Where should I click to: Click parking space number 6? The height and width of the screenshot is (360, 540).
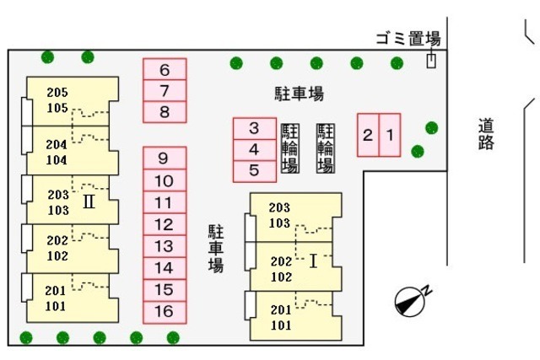click(x=165, y=70)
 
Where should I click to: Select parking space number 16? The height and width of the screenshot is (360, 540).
click(x=165, y=312)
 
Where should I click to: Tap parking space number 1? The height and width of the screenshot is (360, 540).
click(x=390, y=134)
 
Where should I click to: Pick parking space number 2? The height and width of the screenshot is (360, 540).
click(x=368, y=134)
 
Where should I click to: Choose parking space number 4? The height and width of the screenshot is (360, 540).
click(x=254, y=149)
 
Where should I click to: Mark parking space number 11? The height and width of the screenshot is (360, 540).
click(x=165, y=202)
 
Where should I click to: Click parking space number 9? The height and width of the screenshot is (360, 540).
click(x=165, y=158)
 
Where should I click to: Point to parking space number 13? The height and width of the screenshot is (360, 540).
click(x=165, y=246)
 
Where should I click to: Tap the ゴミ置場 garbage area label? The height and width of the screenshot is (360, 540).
click(x=408, y=38)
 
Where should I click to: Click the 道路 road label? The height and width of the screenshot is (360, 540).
click(x=485, y=133)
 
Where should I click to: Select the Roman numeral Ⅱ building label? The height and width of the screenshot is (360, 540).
click(x=88, y=202)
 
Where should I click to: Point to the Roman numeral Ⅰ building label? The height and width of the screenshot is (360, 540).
click(x=313, y=261)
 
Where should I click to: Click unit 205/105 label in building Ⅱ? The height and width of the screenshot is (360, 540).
click(x=57, y=99)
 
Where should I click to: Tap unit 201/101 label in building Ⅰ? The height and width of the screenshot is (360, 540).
click(x=281, y=317)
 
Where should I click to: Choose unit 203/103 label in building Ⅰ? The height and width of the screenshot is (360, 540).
click(x=279, y=215)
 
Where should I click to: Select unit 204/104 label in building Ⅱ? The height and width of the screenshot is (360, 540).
click(x=57, y=152)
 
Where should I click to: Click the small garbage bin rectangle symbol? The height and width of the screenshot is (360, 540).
click(x=431, y=62)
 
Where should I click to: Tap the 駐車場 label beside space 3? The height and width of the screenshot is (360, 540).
click(x=299, y=94)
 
